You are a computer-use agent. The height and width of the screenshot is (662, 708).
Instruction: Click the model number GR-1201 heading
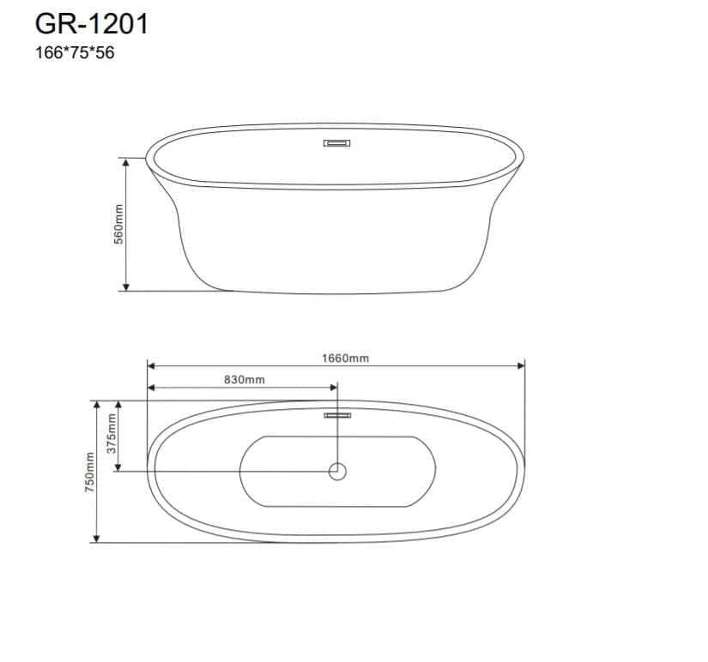click(x=92, y=24)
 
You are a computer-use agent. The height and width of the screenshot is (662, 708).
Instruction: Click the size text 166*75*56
click(x=75, y=53)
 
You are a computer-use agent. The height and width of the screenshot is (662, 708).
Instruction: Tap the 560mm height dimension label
click(x=118, y=225)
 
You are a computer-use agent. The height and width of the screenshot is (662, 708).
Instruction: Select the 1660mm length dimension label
click(x=346, y=358)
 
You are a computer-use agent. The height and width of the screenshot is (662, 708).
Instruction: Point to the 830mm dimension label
click(x=245, y=380)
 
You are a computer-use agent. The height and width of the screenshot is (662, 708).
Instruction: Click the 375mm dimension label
click(x=111, y=434)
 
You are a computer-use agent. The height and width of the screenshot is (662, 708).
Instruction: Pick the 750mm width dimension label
click(x=90, y=472)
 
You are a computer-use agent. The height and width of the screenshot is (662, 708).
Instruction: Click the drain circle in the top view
click(x=337, y=472)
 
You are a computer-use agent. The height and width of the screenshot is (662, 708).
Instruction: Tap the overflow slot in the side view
click(x=337, y=143)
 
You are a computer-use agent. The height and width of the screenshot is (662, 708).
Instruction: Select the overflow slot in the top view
click(x=337, y=415)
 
